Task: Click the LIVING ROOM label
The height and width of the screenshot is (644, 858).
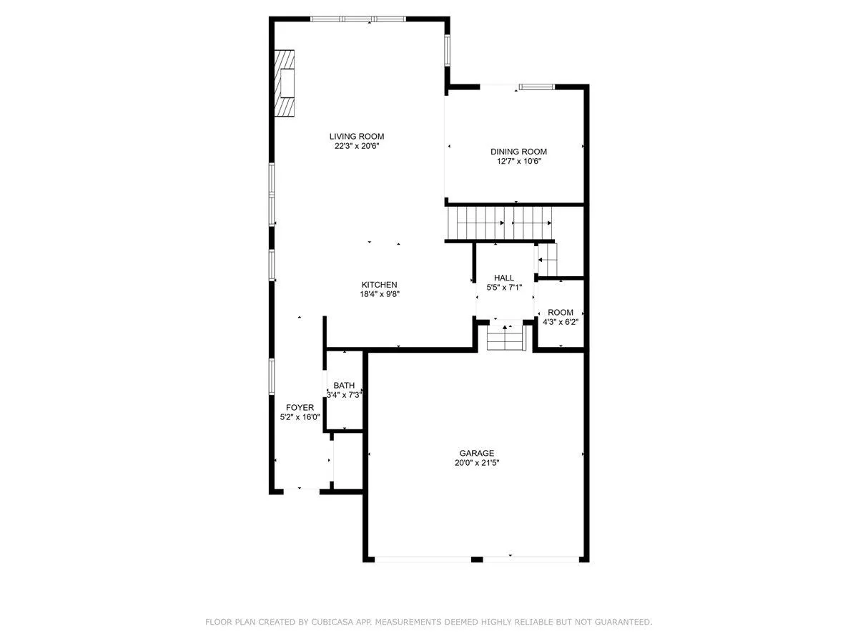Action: (x=357, y=137)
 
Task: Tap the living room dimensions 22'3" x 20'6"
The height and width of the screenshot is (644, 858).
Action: (x=357, y=146)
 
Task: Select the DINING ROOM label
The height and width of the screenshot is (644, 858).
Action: (x=518, y=152)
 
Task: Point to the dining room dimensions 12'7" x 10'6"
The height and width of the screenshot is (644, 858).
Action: (x=518, y=162)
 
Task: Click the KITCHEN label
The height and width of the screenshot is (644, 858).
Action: (x=379, y=285)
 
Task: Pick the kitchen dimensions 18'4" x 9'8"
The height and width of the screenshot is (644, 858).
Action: (x=379, y=294)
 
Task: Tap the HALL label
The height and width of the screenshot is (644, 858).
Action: (x=504, y=278)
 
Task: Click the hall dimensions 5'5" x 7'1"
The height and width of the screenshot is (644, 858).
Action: (x=504, y=288)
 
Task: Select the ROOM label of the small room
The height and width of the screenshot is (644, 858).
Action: (x=560, y=313)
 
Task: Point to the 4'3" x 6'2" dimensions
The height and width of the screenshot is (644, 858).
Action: (x=560, y=322)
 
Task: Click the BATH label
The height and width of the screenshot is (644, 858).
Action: (x=344, y=385)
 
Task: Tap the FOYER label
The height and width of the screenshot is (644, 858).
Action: (x=300, y=407)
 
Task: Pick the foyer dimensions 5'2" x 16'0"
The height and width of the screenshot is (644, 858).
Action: (x=300, y=417)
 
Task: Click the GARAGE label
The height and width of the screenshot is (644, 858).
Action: (x=476, y=453)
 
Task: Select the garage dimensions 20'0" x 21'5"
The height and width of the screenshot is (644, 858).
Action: (x=476, y=463)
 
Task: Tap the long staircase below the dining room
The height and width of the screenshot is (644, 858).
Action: (x=499, y=223)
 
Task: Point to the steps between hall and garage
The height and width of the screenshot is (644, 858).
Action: (x=505, y=338)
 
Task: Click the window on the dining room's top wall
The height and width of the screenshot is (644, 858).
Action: (x=537, y=87)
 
